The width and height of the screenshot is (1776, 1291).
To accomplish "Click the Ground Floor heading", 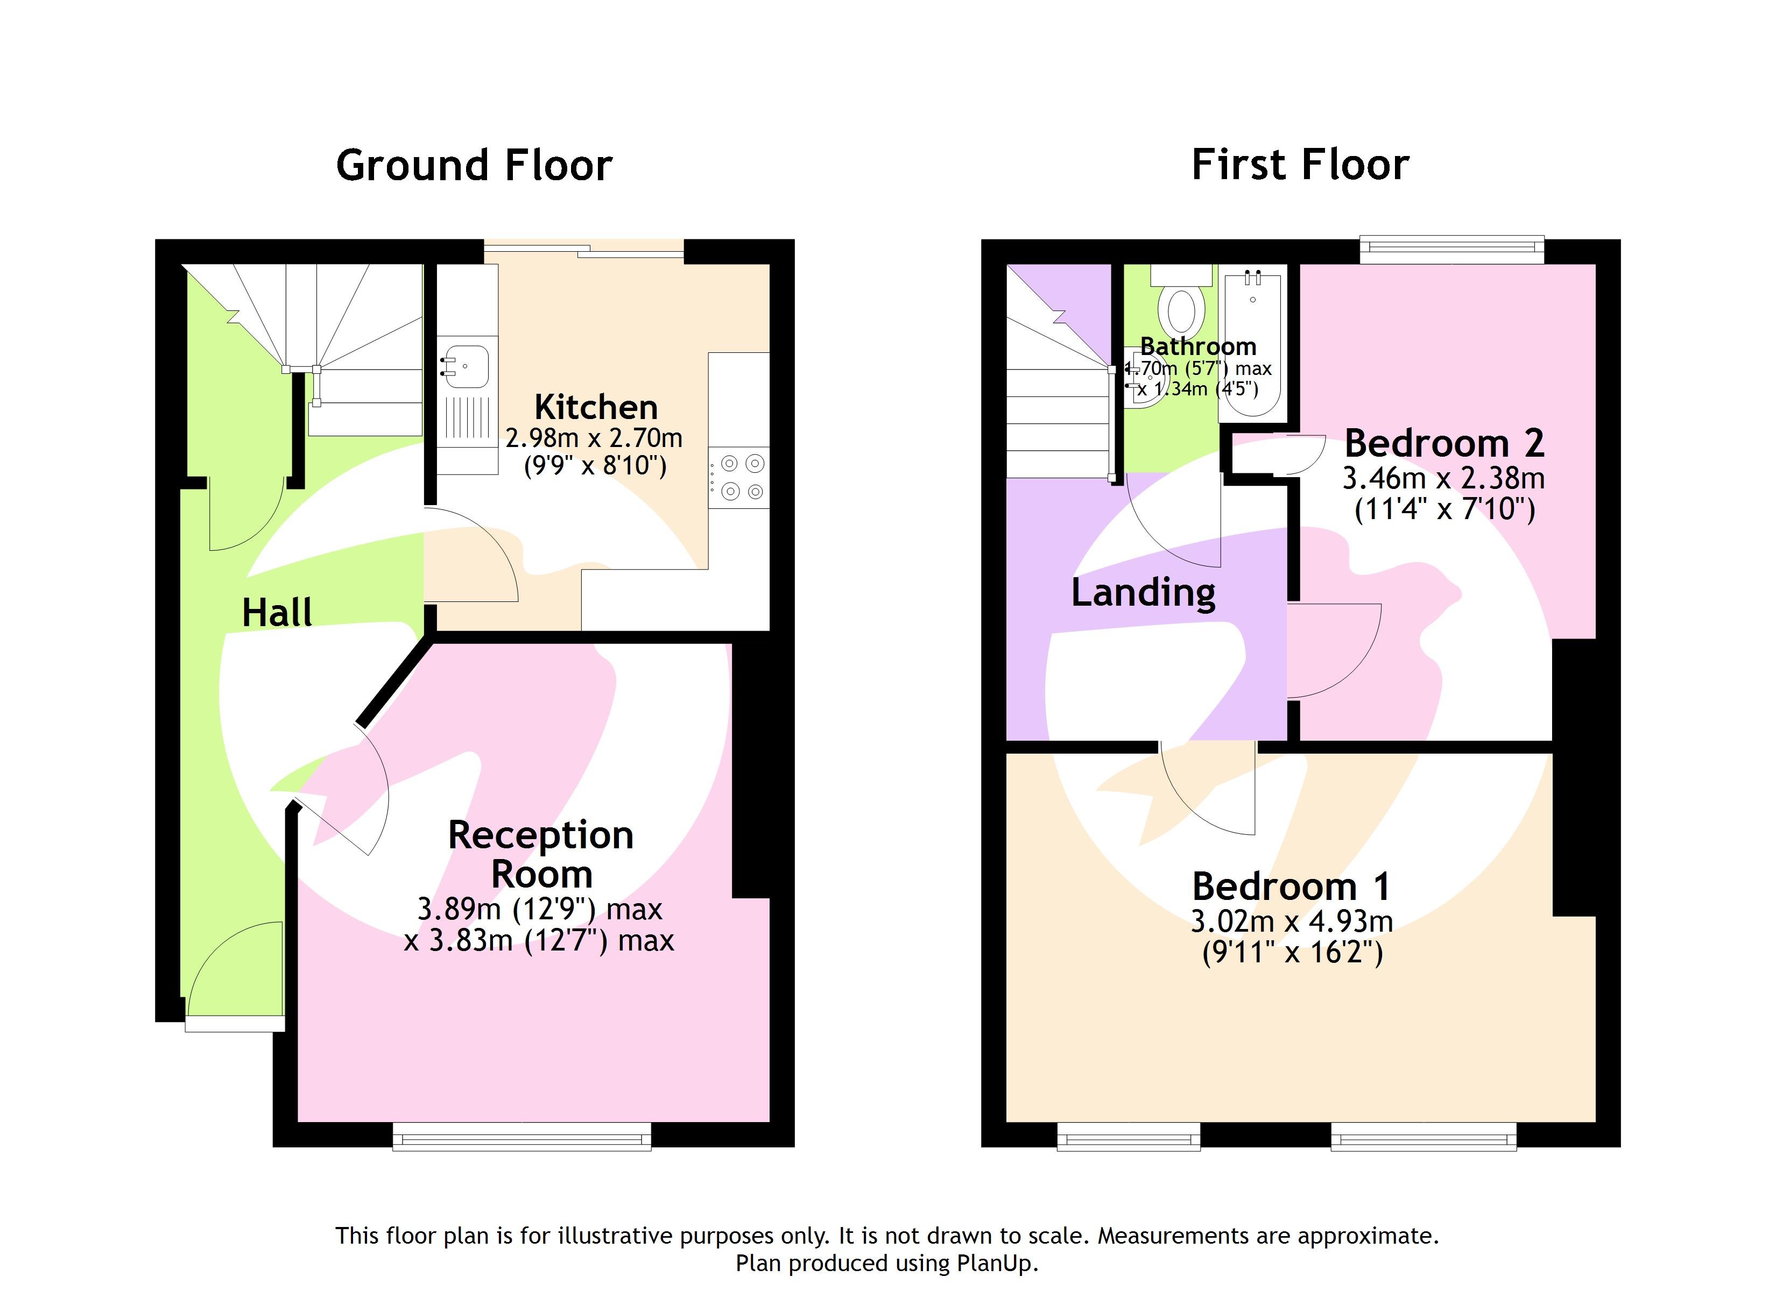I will click(474, 166).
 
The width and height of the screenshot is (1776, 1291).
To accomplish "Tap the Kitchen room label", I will click(596, 407).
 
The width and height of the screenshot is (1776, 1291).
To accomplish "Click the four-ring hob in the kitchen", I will click(740, 477).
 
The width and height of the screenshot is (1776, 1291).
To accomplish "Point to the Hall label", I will click(277, 612).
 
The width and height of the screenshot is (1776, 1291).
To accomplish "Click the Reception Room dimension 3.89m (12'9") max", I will click(540, 909).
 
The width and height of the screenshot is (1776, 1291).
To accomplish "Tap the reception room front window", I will click(521, 1137).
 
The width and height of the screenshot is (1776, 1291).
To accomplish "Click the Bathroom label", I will click(1198, 346).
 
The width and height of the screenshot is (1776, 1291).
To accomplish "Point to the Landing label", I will click(1143, 593).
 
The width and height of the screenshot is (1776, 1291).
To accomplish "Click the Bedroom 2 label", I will click(1444, 443).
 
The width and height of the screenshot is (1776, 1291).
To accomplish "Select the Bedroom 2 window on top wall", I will click(1451, 249).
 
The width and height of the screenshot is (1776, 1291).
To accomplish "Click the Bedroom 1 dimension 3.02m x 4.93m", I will click(1292, 921).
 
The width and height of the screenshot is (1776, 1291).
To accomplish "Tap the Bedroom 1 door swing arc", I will click(1210, 791).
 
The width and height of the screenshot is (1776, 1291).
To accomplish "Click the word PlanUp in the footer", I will click(996, 1263).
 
